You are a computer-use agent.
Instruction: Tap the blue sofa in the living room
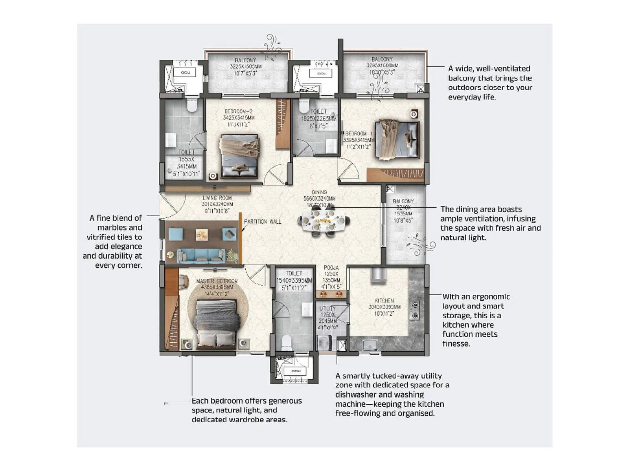click(201, 256)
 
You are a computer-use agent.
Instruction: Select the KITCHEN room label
click(384, 300)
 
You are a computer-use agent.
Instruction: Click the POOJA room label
click(331, 268)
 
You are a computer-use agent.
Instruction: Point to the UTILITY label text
click(327, 309)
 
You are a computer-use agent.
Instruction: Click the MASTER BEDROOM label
click(217, 281)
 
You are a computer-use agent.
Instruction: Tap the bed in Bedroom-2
click(239, 156)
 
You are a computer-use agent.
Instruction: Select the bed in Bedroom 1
click(397, 139)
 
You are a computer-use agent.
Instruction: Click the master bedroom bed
click(216, 324)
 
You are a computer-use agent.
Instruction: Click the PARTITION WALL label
click(263, 222)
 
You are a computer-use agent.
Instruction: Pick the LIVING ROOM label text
click(217, 198)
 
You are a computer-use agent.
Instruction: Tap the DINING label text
click(319, 192)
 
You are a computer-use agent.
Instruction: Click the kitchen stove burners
click(414, 310)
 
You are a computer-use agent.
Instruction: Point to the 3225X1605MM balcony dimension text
click(245, 67)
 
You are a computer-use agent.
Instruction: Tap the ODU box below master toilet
click(296, 371)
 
